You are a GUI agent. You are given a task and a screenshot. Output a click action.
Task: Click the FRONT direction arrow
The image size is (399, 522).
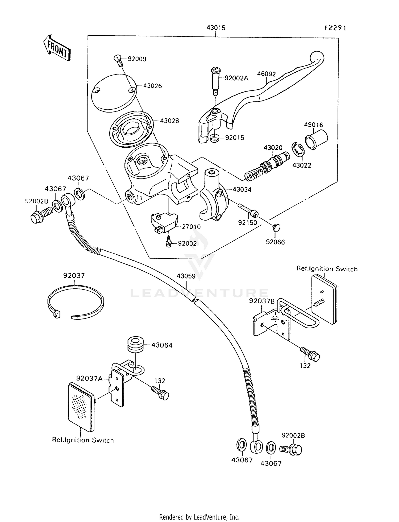coord(57,48)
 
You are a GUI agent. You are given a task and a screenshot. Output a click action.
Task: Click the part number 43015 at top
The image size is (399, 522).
coord(216,28)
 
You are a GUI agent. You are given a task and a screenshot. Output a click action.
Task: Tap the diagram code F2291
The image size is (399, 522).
coord(335,28)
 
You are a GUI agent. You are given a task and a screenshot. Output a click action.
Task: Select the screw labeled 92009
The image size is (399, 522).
coord(118,61)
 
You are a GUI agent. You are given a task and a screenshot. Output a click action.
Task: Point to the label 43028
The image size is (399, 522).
coord(169,121)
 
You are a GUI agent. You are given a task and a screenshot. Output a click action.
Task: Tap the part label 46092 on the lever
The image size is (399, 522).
coord(266,74)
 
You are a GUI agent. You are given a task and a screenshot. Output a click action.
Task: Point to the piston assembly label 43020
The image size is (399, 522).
coord(273,148)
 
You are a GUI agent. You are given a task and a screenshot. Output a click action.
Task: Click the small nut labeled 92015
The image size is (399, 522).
coord(214,138)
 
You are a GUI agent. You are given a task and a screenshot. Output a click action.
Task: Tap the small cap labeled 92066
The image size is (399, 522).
coord(276,227)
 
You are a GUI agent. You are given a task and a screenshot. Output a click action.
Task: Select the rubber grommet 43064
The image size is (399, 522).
coord(136,345)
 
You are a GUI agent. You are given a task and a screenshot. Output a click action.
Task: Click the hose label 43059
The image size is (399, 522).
coord(186,276)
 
